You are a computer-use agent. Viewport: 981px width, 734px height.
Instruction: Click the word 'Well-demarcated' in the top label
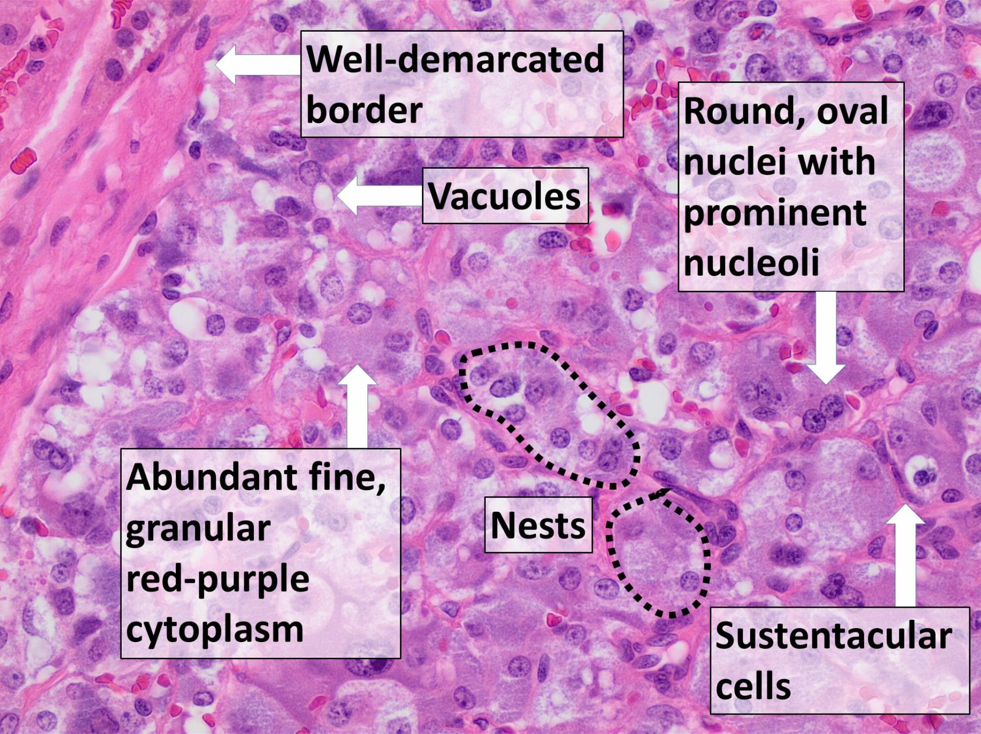(455, 59)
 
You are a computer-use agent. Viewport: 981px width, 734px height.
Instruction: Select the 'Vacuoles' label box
(505, 196)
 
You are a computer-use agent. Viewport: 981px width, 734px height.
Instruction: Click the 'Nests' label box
(538, 525)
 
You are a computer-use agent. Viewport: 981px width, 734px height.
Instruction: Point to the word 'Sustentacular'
(833, 636)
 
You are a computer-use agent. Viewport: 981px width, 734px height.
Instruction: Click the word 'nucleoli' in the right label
(752, 262)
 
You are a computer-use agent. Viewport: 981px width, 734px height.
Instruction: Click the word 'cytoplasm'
(215, 629)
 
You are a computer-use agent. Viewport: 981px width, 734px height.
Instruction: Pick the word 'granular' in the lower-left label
(198, 528)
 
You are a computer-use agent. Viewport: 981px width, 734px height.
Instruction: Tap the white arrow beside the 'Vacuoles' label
(378, 195)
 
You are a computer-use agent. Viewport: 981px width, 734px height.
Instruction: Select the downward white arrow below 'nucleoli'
(826, 337)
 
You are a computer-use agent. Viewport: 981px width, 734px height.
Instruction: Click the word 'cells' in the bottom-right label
(753, 686)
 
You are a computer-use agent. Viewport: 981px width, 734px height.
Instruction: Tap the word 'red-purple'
(218, 579)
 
